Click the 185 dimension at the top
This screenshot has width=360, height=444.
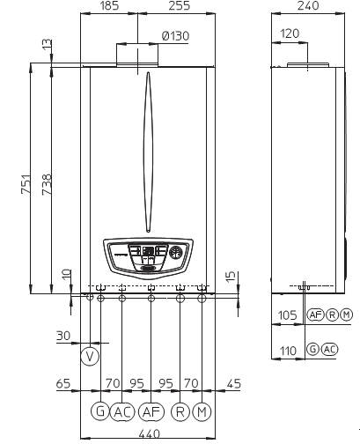[x=109, y=5]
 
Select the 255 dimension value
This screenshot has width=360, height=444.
[x=180, y=5]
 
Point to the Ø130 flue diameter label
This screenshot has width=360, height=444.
[x=175, y=36]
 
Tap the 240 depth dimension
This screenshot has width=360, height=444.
[x=308, y=5]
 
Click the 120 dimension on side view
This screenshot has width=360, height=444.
[x=290, y=33]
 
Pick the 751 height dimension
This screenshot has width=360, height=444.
[x=26, y=184]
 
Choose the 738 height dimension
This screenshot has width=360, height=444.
[x=47, y=184]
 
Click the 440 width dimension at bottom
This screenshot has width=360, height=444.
[x=150, y=434]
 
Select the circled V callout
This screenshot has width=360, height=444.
[x=90, y=357]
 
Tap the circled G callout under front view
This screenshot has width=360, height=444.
[x=100, y=411]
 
